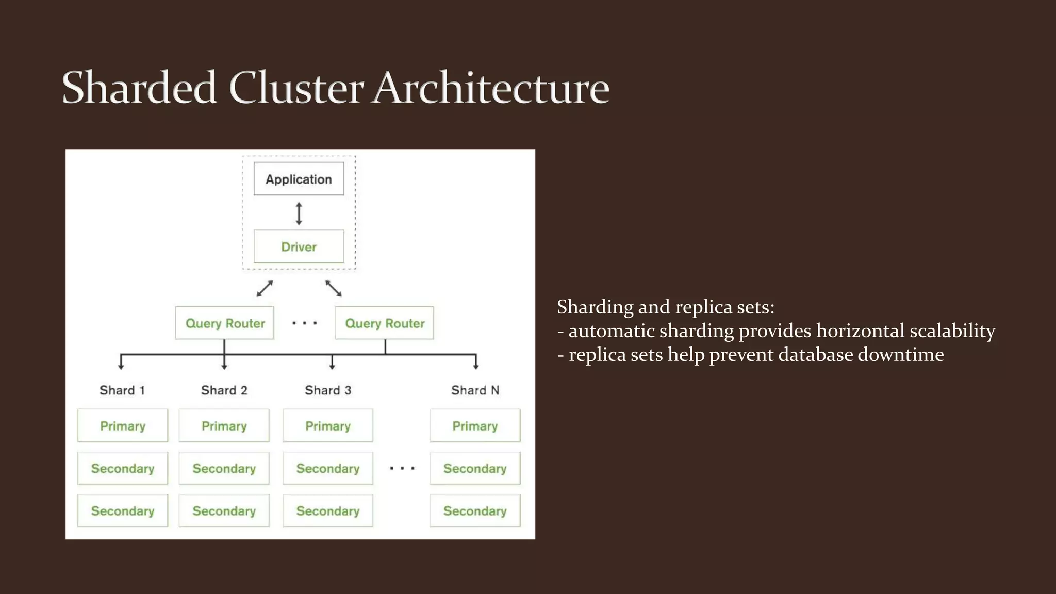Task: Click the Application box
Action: pos(299,179)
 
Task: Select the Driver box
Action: pos(299,246)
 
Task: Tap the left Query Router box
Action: pos(224,323)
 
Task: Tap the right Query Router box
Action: pos(384,323)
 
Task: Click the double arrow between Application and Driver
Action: pos(299,213)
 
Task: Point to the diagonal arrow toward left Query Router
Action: pos(265,288)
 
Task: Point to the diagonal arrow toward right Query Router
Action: pos(334,288)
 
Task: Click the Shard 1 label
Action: pos(122,390)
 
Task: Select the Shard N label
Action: pos(475,390)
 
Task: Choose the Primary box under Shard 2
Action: pos(224,426)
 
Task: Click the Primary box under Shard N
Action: pos(475,426)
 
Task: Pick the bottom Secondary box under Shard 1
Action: pos(123,511)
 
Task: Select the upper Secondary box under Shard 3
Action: pos(328,468)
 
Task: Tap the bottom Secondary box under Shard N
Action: pos(475,511)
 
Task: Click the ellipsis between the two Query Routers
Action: pos(304,323)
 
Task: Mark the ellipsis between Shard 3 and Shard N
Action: pos(402,468)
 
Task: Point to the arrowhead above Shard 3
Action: pos(332,367)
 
